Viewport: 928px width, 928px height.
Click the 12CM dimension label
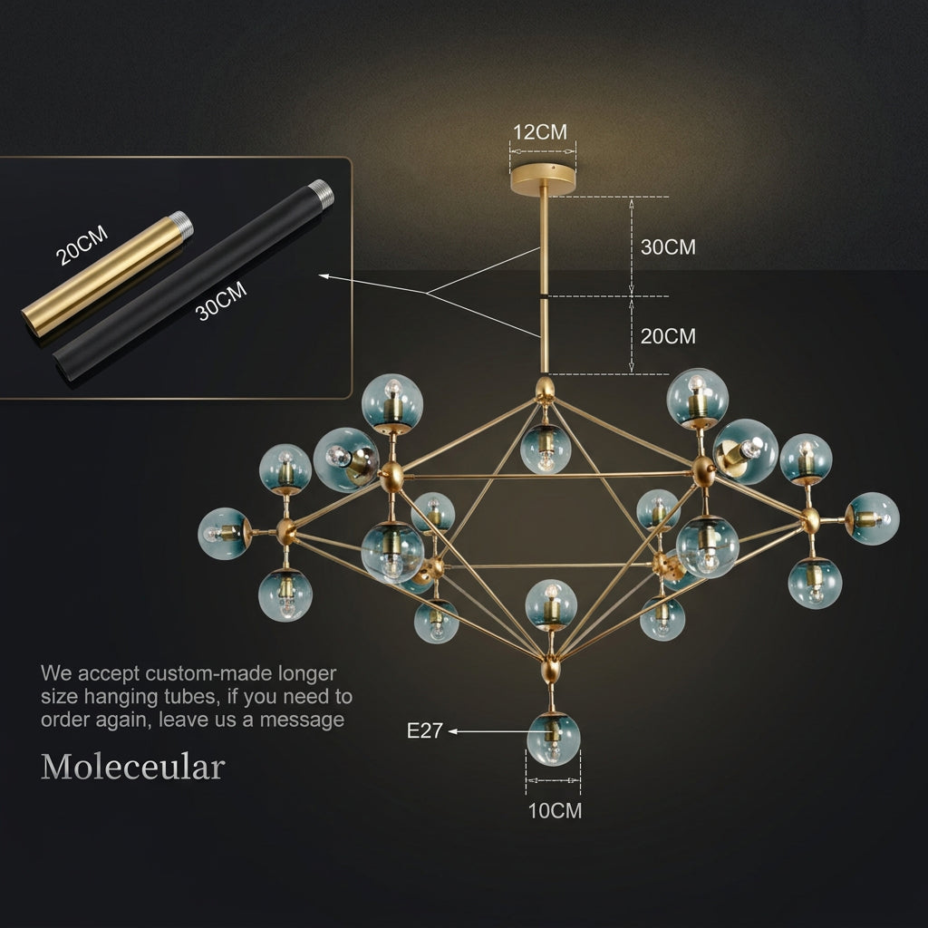540,132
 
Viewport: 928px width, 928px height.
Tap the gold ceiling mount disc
543,178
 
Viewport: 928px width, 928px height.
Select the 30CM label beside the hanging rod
668,246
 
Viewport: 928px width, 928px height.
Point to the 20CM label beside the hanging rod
668,336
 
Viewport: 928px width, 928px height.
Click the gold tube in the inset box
107,275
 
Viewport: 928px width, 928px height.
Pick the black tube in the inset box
193,280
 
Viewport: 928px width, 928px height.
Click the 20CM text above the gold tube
82,245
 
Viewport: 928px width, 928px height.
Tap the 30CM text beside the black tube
221,301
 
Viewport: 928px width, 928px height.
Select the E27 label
424,731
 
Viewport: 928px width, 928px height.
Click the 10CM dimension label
555,811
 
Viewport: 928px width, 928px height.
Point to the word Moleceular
132,767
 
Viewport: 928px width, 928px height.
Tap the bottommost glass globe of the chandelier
554,739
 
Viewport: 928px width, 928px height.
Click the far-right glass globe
872,518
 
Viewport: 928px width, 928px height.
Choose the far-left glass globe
225,533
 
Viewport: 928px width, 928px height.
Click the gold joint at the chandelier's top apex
545,390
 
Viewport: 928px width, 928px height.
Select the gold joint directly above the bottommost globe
550,671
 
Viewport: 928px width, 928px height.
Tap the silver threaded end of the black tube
323,192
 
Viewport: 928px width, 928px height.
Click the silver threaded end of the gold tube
182,225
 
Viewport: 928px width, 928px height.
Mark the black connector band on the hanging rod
544,296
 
